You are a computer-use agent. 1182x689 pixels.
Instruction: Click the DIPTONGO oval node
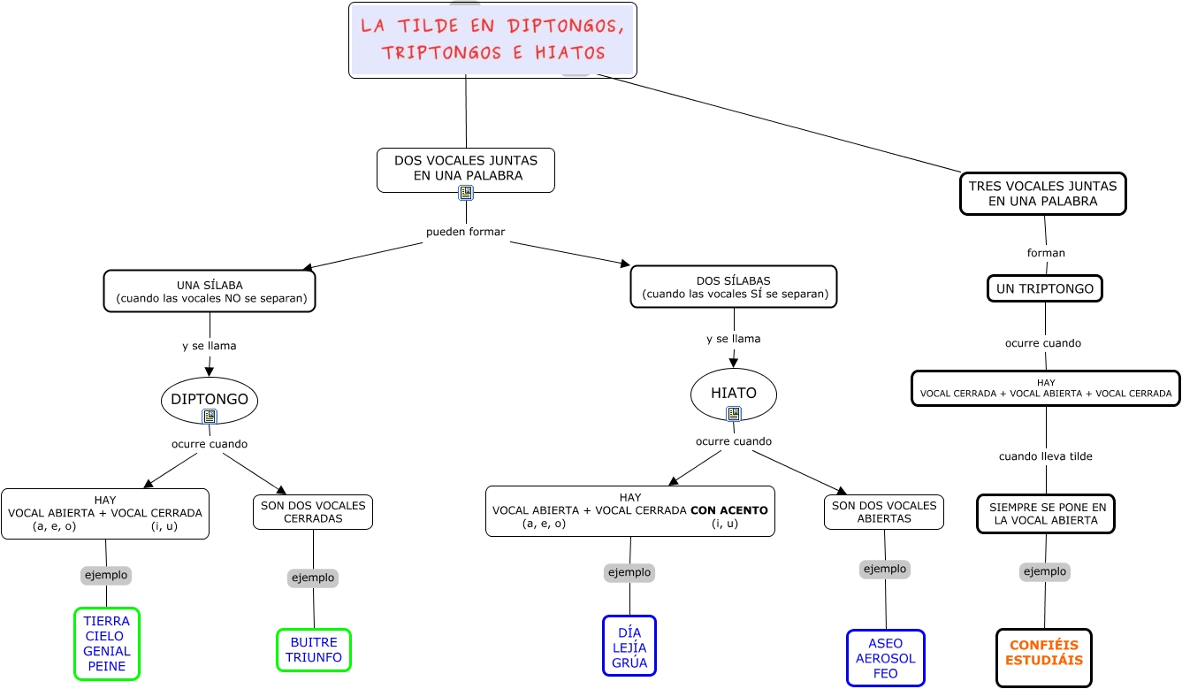point(210,399)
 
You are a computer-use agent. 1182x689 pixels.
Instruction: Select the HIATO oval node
point(733,393)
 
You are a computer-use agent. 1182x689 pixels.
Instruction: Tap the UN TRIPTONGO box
point(1044,288)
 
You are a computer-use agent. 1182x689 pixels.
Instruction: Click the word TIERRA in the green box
point(107,621)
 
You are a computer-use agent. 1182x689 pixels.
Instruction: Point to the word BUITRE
point(314,642)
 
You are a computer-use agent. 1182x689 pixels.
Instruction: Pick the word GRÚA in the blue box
point(629,662)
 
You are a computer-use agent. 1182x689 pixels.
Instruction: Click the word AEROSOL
point(886,659)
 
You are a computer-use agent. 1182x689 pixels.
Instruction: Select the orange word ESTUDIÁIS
point(1044,660)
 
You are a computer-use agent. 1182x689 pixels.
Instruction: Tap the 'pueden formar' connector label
point(466,232)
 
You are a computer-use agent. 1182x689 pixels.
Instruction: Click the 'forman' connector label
point(1046,253)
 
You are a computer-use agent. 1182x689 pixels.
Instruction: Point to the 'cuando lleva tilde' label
point(1046,456)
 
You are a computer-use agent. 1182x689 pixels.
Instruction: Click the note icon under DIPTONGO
point(210,416)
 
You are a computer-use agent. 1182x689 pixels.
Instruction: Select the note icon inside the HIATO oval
point(733,413)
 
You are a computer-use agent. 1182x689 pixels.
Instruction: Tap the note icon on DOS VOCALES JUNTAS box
point(466,192)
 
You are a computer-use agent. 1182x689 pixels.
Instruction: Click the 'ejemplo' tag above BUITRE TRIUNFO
point(313,578)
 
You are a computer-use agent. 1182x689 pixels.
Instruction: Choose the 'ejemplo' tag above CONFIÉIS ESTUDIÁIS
point(1045,571)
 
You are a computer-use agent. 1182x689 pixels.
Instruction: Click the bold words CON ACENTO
point(729,510)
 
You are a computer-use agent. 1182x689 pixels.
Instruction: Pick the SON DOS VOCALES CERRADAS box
point(313,512)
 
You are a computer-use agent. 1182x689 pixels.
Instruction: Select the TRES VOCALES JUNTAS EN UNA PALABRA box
point(1042,194)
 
